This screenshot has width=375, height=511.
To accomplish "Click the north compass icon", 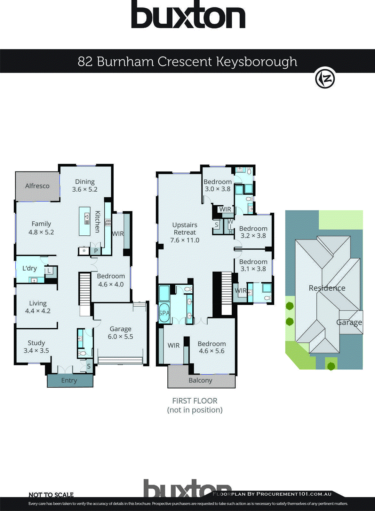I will tap(325, 78).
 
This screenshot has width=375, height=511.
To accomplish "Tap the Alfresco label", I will tap(37, 186).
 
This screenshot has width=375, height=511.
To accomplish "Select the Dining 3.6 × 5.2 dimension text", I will tap(85, 189).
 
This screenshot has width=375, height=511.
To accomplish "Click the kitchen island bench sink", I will tap(87, 219).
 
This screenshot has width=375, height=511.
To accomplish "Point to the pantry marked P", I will tap(96, 251).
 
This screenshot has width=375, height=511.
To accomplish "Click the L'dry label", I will tap(29, 268).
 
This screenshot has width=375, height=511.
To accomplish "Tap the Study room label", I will tap(36, 343).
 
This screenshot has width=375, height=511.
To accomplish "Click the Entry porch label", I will tap(69, 380).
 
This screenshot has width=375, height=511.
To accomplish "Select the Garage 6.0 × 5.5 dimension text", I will tap(120, 337).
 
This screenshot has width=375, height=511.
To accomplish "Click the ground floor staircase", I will tap(85, 289).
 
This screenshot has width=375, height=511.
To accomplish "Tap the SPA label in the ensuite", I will tap(164, 313).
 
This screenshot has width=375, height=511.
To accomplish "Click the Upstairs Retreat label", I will tap(185, 229).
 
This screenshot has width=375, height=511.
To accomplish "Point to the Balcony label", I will tap(200, 380).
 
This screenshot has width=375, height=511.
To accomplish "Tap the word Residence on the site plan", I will tap(327, 288).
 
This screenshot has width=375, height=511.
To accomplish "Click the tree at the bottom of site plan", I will tap(331, 366).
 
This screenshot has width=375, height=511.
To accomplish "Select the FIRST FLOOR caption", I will tap(195, 401).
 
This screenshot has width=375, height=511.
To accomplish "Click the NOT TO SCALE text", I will tap(51, 495).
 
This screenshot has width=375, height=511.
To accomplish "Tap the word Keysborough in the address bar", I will tap(257, 61).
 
